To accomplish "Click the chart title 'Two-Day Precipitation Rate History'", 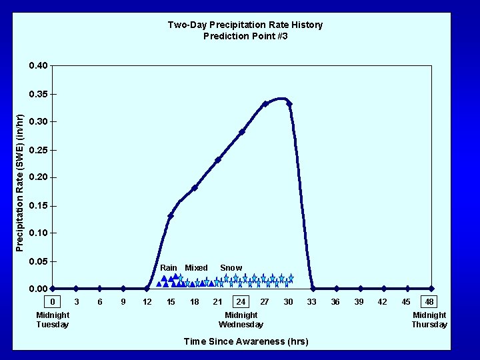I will (245, 25).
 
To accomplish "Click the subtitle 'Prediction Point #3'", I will (245, 36).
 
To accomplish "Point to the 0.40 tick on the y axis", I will (38, 66).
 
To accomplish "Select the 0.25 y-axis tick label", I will (38, 150).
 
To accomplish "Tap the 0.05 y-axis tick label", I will (38, 261).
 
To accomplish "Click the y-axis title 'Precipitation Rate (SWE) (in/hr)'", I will (20, 183).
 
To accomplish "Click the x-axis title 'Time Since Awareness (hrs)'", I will (246, 341).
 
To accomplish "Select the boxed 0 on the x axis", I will (53, 302).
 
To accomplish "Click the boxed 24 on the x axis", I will (241, 302).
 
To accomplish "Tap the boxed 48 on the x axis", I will (429, 302).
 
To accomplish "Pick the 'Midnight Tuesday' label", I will (53, 320).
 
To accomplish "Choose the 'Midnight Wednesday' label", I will (241, 320).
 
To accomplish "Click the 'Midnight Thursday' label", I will (429, 320).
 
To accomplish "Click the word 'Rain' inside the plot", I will (169, 268).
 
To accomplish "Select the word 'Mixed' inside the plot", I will (196, 268).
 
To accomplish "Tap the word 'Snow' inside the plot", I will (231, 268).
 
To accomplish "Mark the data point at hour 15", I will (171, 216).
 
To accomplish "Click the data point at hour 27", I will (265, 104).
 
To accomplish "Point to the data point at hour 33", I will (313, 289).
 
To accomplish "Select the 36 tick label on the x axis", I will (336, 302).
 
